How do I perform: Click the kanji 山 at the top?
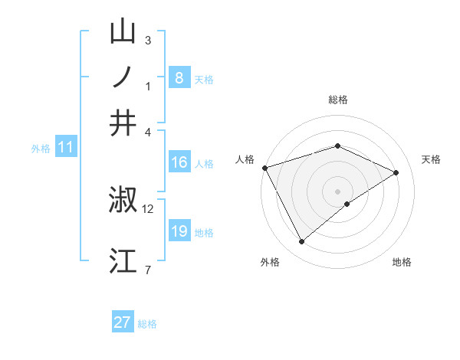123,32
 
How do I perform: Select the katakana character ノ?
123,77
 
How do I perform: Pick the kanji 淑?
123,201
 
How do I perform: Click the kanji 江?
123,260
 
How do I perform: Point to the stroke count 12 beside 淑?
148,208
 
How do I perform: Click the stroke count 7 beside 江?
147,270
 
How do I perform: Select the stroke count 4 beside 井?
148,131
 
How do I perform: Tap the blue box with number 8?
179,78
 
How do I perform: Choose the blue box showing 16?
179,162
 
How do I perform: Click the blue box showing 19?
179,231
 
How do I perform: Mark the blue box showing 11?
65,148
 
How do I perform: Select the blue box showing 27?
123,322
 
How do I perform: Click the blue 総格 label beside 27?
147,324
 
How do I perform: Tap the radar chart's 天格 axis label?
431,159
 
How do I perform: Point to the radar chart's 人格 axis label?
245,159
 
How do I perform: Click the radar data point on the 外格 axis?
302,242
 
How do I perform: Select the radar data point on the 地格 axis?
347,204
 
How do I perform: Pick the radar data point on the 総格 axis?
337,146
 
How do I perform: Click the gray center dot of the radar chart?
337,191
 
